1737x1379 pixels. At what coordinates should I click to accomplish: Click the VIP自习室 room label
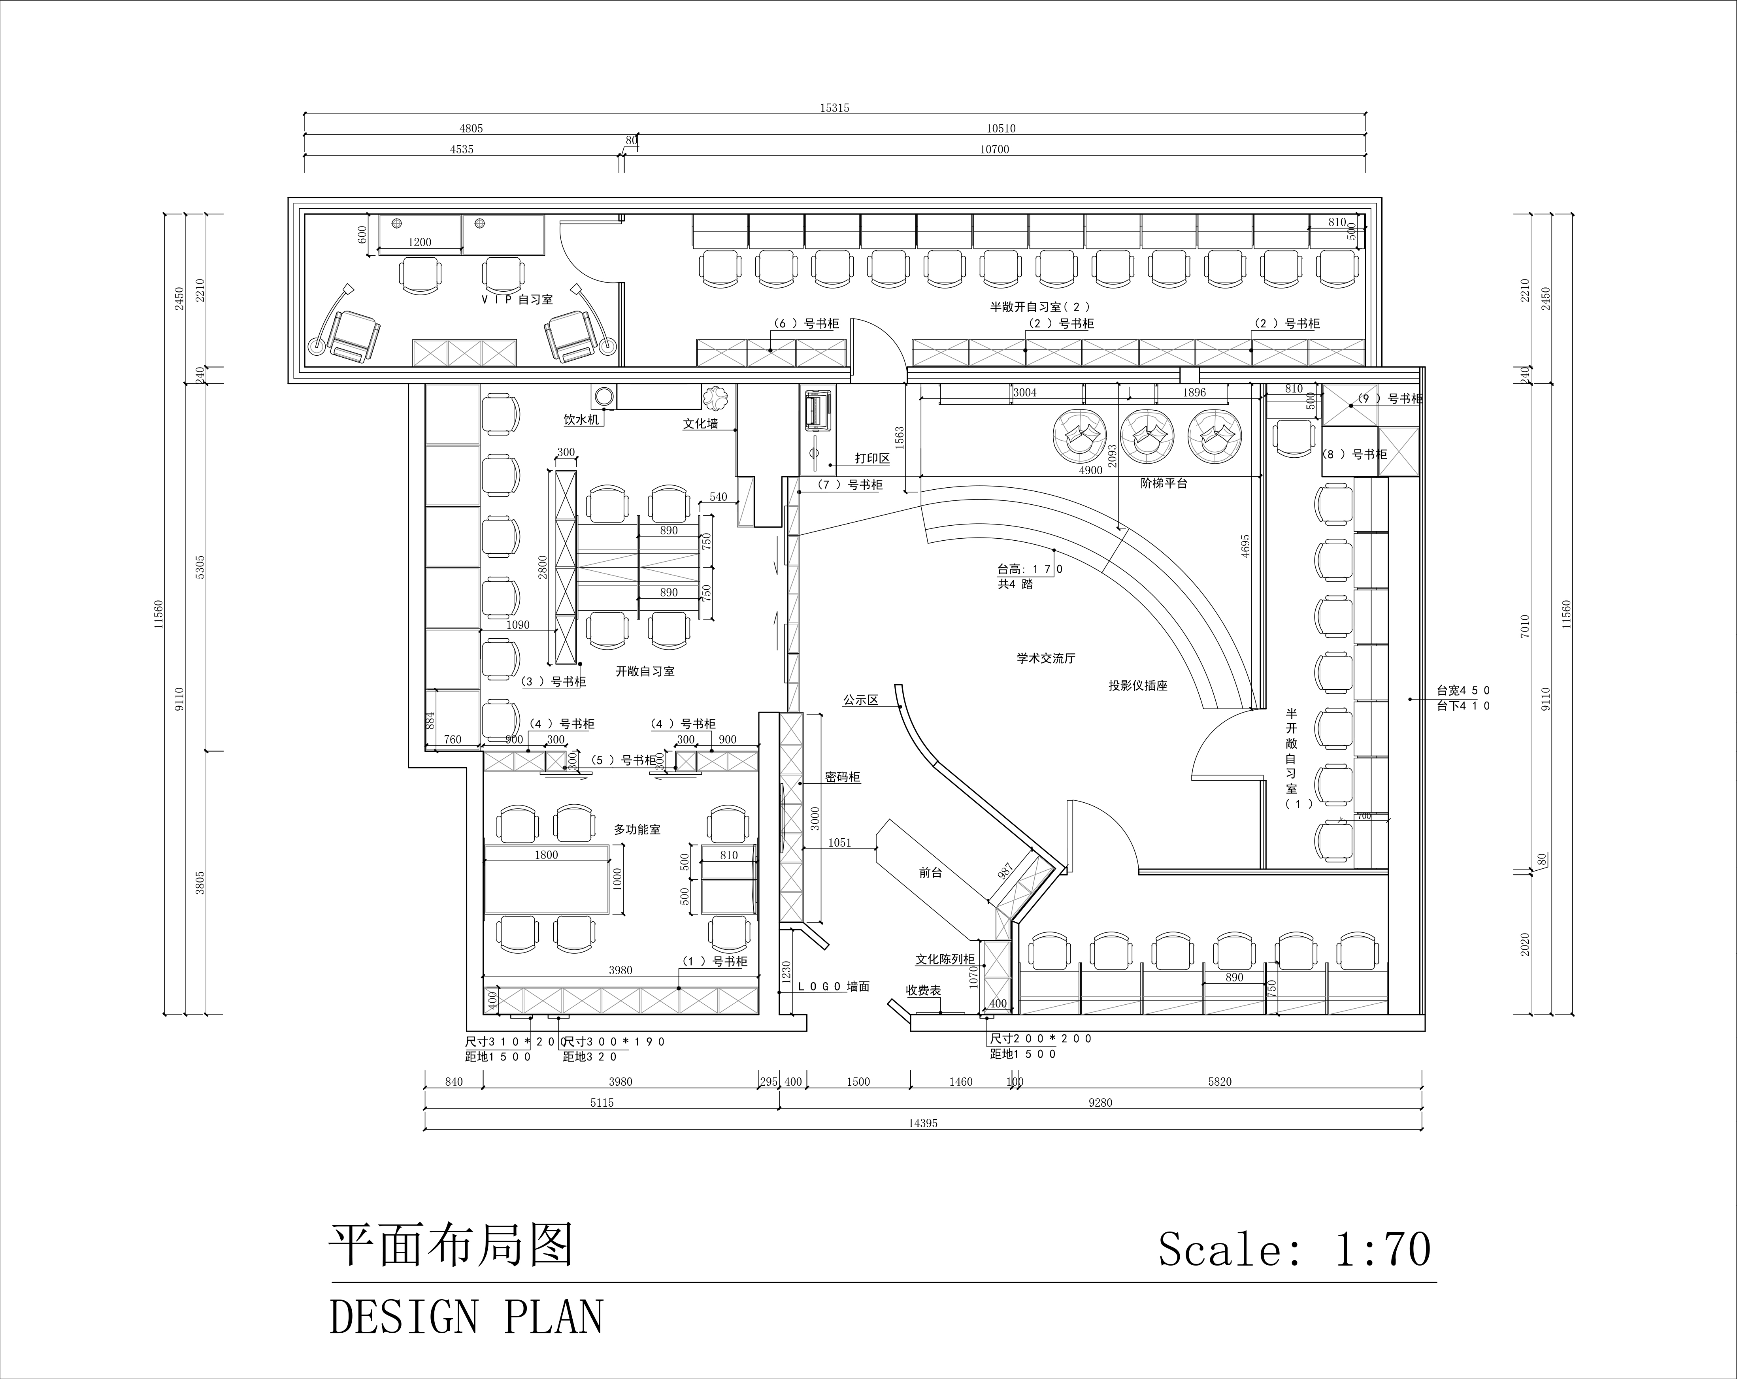coord(517,300)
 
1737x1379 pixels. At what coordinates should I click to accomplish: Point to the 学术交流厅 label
coord(1046,658)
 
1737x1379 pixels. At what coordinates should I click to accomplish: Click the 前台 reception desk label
coord(930,872)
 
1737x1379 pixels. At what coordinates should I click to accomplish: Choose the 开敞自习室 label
coord(645,671)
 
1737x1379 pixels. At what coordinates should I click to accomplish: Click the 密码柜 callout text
coord(843,777)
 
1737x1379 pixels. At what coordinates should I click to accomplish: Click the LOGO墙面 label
coord(833,986)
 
